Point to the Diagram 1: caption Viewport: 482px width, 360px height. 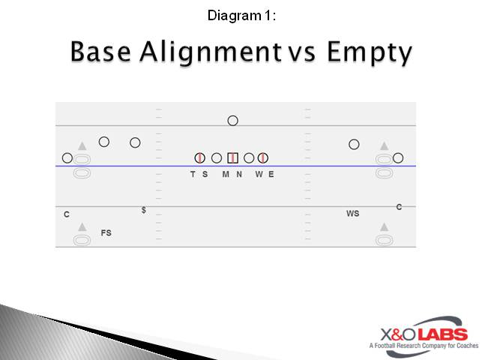click(241, 14)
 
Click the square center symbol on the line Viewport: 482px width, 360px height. click(232, 157)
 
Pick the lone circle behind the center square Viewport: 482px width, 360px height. click(232, 120)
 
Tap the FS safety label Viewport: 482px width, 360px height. click(106, 233)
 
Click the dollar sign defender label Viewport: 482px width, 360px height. click(144, 210)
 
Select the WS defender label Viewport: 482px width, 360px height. click(352, 214)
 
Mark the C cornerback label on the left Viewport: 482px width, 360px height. click(67, 214)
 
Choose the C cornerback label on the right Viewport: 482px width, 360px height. click(399, 207)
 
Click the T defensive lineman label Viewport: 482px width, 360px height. click(193, 174)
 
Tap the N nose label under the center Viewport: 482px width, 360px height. click(239, 174)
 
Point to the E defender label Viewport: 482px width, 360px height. click(271, 174)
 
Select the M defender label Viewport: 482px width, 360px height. click(225, 174)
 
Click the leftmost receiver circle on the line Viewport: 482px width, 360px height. click(67, 157)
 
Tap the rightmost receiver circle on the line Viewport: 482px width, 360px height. click(398, 157)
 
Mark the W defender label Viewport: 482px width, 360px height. click(259, 174)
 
